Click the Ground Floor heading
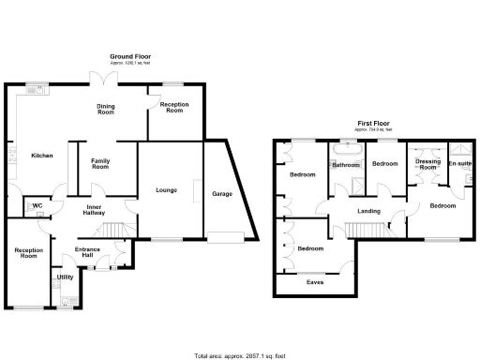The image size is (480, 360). [x=130, y=57]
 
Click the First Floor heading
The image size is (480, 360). [x=375, y=123]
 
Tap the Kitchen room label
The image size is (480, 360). [x=41, y=155]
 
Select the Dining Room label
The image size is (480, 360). [x=106, y=109]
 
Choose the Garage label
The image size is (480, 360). [x=222, y=194]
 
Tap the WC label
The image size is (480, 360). [x=37, y=205]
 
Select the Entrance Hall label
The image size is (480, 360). [x=90, y=252]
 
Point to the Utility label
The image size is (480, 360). [x=65, y=277]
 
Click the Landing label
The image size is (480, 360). [x=368, y=211]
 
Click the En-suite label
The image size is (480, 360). [x=459, y=164]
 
